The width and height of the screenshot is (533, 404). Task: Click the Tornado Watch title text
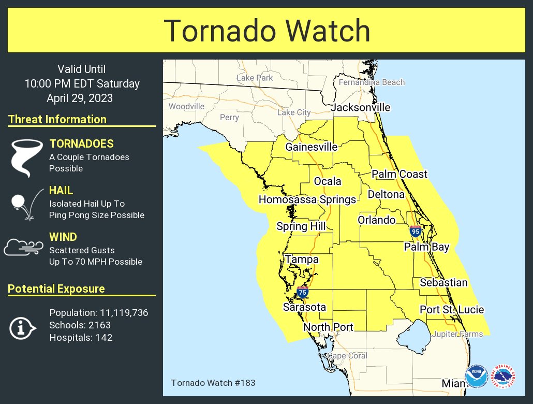click(266, 31)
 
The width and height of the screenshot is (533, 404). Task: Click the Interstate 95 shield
click(415, 232)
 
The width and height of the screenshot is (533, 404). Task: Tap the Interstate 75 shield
click(303, 293)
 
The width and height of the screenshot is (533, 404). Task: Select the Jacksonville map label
click(360, 108)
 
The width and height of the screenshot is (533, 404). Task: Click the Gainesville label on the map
click(311, 147)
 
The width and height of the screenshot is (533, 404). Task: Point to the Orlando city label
click(376, 220)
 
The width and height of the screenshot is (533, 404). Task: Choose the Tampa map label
click(302, 259)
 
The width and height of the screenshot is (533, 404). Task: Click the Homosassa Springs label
click(307, 200)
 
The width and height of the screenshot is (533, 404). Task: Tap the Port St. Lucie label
click(451, 310)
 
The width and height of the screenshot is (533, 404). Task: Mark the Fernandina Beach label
click(372, 82)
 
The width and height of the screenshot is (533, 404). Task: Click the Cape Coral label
click(347, 356)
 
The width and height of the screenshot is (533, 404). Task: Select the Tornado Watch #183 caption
click(213, 383)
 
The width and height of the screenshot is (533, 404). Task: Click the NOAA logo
click(476, 377)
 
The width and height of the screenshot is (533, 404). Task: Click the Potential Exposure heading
click(56, 289)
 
